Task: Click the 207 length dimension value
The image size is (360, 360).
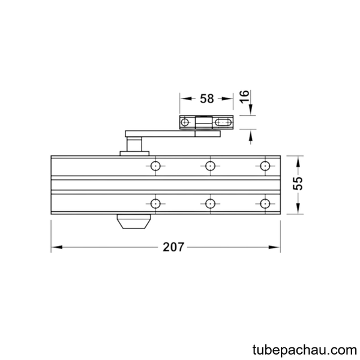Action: pos(173,247)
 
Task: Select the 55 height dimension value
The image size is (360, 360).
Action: pos(298,183)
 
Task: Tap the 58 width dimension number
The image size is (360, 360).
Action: pos(207,99)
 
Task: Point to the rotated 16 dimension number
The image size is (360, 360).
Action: pos(245,97)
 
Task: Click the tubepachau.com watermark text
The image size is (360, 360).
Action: pos(304,350)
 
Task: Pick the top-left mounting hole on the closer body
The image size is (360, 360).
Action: pos(155,166)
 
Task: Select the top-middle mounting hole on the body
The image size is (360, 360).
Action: pos(210,166)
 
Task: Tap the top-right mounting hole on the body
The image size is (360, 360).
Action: pos(265,166)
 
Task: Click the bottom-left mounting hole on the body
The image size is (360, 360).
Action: pos(155,203)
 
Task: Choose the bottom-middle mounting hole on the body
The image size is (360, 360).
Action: pos(210,203)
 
